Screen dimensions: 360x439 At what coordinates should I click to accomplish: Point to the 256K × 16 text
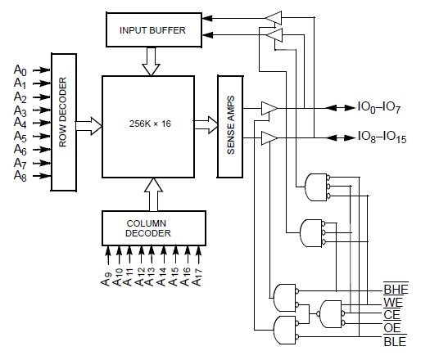pyautogui.click(x=149, y=124)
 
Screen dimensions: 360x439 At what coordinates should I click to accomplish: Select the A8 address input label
pyautogui.click(x=20, y=175)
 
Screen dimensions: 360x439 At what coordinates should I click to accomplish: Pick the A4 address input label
pyautogui.click(x=20, y=123)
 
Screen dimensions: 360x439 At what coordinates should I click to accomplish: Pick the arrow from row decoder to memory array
pyautogui.click(x=89, y=124)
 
